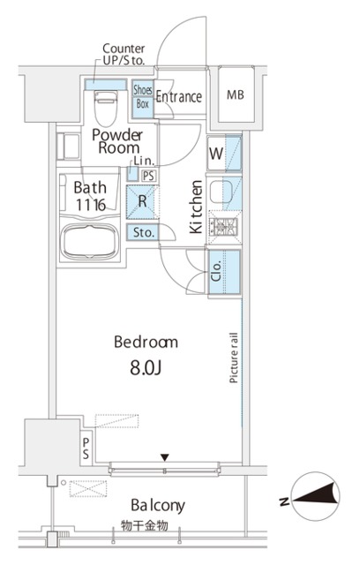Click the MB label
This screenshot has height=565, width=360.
pos(236,94)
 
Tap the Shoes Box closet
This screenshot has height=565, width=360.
pos(143,99)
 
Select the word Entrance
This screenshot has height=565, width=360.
pos(179,96)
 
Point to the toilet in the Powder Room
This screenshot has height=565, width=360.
pos(106,108)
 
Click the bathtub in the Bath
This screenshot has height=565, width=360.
pos(90,241)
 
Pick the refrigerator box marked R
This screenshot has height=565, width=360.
pos(143,202)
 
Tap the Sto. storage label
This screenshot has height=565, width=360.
pos(143,232)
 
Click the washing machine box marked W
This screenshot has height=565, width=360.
pos(216,153)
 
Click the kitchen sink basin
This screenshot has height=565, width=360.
pos(221,192)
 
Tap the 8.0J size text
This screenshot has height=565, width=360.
pos(146,368)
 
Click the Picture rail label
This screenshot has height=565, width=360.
pos(234,358)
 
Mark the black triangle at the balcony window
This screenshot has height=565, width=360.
pos(165,457)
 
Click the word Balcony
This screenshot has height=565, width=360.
pos(158,506)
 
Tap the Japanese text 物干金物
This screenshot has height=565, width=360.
pos(145,526)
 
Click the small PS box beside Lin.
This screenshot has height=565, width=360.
pos(149,176)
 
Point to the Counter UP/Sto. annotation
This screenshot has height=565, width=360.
pos(124,55)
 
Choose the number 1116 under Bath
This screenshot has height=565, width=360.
pos(91,205)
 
